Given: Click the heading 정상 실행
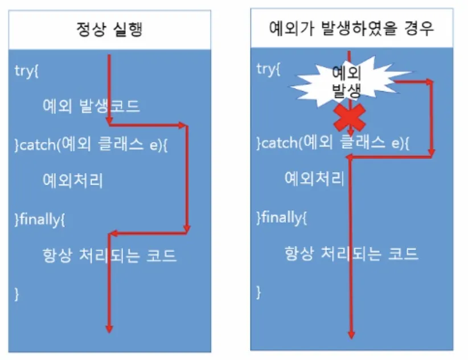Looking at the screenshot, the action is pos(109,30).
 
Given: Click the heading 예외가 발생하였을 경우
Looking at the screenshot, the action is pos(351,28).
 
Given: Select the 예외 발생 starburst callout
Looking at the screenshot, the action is pos(347,81).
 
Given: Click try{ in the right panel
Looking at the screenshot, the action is pos(269,69).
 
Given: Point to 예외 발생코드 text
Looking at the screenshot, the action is pos(91,107).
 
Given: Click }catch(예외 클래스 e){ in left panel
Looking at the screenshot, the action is pos(91,144).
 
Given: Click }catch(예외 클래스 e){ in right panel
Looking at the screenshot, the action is pos(333,142).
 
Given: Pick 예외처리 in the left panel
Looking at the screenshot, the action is pos(73,181).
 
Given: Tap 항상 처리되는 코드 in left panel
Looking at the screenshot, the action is pos(109,256).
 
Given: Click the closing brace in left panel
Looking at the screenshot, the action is pos(17,293).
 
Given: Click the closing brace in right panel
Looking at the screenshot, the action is pos(259,292).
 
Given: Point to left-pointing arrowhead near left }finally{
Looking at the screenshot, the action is pos(113,233).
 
